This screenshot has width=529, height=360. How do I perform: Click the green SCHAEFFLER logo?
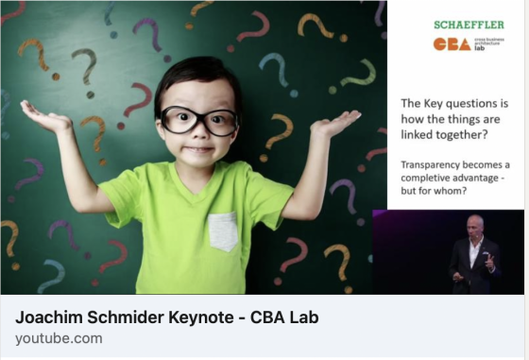469,25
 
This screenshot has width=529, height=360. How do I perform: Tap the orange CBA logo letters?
452,44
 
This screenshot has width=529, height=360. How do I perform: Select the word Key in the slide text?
433,104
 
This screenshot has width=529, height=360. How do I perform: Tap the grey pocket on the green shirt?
223,231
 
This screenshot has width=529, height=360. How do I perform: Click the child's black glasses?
199,120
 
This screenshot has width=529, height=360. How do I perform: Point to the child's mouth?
198,148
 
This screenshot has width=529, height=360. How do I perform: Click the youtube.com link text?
59,338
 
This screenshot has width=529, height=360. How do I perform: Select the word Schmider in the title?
125,317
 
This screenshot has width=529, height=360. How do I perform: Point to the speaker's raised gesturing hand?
488,261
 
